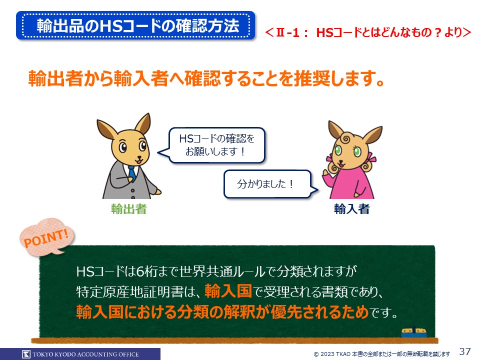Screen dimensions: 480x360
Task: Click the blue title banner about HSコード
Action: pyautogui.click(x=135, y=25)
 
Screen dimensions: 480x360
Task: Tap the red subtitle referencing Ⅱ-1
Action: pyautogui.click(x=368, y=32)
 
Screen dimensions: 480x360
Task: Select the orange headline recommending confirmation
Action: pyautogui.click(x=206, y=78)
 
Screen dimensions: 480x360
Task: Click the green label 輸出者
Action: pyautogui.click(x=128, y=209)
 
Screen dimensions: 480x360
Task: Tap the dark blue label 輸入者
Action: pyautogui.click(x=351, y=209)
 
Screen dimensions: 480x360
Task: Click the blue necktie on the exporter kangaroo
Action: pyautogui.click(x=131, y=173)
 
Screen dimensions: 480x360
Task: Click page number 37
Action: pyautogui.click(x=464, y=351)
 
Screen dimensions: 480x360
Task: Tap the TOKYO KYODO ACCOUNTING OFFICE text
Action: pyautogui.click(x=85, y=354)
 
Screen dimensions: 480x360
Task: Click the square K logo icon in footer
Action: pyautogui.click(x=26, y=354)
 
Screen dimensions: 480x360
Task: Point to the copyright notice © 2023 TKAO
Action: pyautogui.click(x=381, y=354)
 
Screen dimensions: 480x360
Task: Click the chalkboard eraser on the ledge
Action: pyautogui.click(x=414, y=332)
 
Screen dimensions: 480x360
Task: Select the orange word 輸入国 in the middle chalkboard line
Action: pyautogui.click(x=228, y=291)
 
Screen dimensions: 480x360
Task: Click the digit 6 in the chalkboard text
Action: pyautogui.click(x=140, y=271)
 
